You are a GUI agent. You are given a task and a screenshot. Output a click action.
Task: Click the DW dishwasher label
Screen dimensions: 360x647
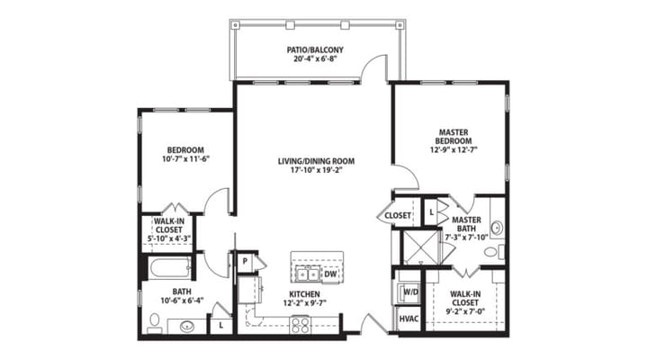[329, 274]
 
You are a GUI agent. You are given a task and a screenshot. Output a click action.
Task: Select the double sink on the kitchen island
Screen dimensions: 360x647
[306, 274]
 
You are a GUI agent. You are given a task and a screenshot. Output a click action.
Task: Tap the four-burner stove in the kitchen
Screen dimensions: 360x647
[300, 325]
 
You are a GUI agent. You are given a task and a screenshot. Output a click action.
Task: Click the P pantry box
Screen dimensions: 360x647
[244, 262]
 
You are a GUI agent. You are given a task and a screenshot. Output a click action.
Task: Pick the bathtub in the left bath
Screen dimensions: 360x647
[169, 267]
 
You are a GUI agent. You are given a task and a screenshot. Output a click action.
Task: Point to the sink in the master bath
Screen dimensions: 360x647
[496, 228]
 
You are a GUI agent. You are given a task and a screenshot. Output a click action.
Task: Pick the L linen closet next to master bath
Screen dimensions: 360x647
[431, 211]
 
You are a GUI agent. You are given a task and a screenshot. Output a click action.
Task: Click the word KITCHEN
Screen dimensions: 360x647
[303, 294]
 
